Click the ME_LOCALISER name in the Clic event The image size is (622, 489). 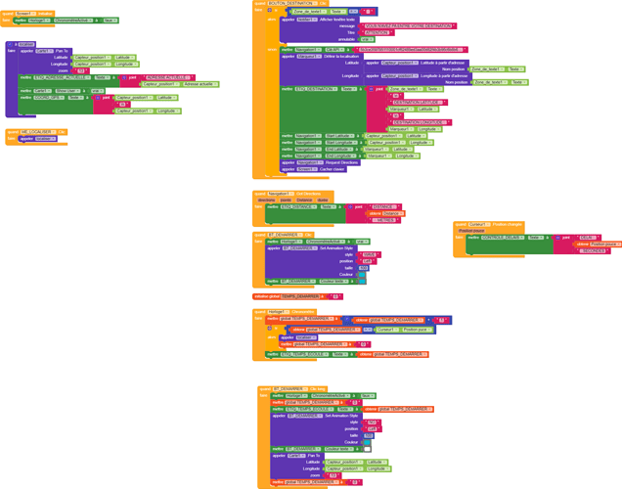pyautogui.click(x=35, y=132)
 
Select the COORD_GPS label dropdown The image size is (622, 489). pyautogui.click(x=48, y=98)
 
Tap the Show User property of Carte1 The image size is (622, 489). pyautogui.click(x=67, y=91)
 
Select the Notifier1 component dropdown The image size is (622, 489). pyautogui.click(x=306, y=19)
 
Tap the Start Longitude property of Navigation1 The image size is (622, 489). pyautogui.click(x=339, y=143)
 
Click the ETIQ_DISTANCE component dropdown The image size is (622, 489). pyautogui.click(x=301, y=207)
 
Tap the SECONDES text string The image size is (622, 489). pyautogui.click(x=594, y=251)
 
